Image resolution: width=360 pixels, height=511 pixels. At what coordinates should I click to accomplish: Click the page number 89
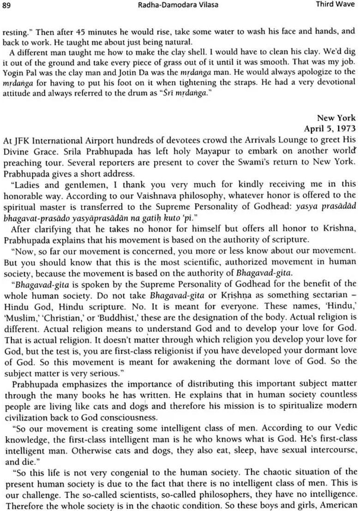(7, 5)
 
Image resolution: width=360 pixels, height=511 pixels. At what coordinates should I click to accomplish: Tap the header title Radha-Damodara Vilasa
(180, 5)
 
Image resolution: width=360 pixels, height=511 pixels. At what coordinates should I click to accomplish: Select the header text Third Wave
(336, 5)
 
